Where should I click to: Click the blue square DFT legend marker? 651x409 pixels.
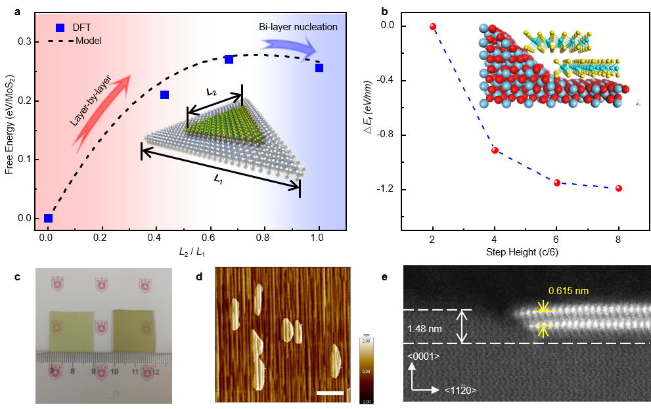click(60, 28)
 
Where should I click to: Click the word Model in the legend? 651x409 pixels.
click(89, 41)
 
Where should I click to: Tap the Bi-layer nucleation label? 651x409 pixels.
click(298, 27)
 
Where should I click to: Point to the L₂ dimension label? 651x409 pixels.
click(212, 93)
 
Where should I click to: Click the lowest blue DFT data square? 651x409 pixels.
click(48, 218)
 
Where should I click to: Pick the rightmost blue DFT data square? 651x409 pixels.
click(319, 68)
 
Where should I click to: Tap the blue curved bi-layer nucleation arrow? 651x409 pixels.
click(288, 47)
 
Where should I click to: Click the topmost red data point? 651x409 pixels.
click(432, 26)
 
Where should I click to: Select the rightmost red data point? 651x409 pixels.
click(618, 188)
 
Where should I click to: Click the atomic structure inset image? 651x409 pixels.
click(553, 65)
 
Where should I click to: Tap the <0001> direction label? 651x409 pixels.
click(423, 356)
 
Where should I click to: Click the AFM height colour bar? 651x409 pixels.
click(366, 366)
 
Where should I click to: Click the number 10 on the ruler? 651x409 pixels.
click(115, 372)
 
